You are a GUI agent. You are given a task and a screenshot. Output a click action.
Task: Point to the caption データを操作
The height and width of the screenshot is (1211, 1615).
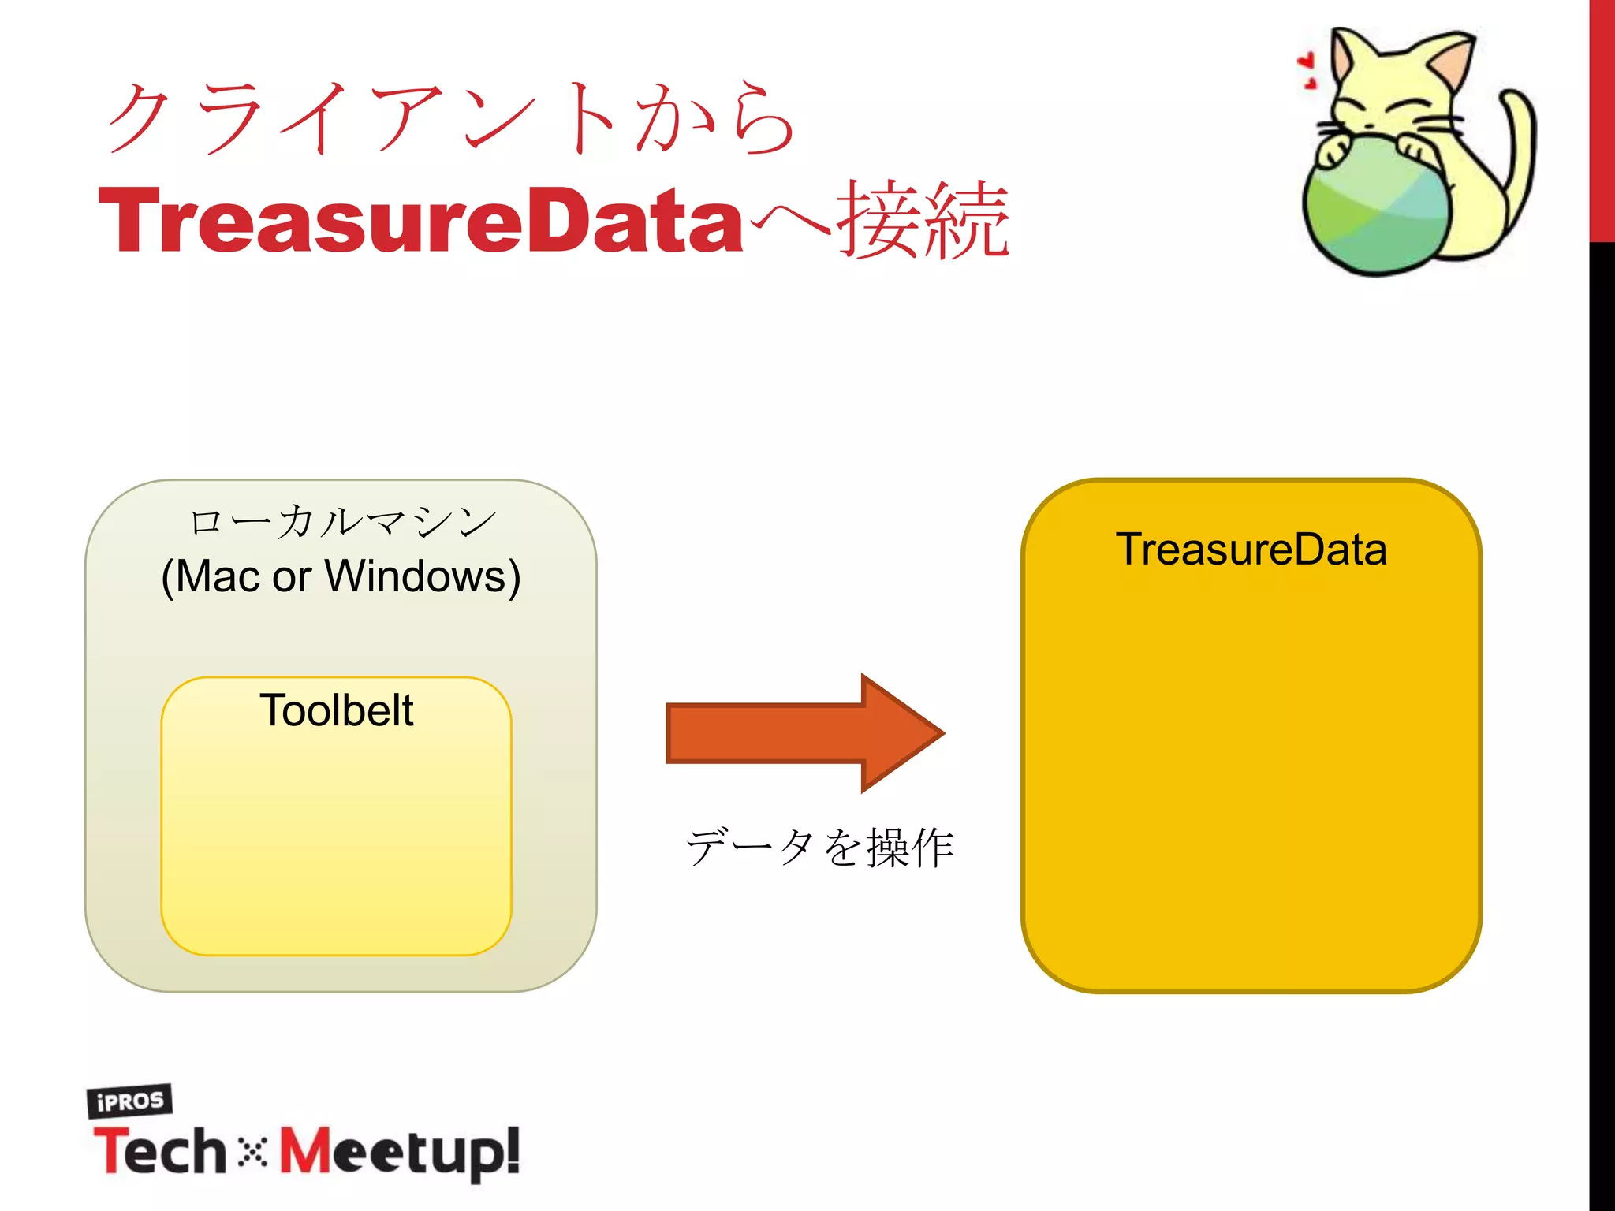coord(820,848)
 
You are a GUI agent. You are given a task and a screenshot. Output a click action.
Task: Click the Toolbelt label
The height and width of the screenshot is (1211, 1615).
coord(336,710)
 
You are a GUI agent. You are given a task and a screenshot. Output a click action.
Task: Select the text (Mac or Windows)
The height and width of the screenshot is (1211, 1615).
coord(341,576)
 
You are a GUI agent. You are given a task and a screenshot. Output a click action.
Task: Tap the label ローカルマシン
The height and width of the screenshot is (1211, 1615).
coord(341,522)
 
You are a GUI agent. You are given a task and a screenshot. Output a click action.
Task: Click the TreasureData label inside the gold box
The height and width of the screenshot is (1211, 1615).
coord(1251,550)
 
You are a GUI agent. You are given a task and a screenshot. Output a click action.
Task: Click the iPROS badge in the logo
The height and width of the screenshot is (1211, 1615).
coord(129,1101)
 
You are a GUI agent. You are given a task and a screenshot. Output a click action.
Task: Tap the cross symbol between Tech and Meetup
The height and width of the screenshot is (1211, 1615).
coord(252,1152)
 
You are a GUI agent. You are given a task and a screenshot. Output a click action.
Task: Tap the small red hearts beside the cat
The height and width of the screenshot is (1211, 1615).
coord(1307,69)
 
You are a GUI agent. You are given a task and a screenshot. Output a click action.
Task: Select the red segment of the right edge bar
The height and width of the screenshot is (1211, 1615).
coord(1602,118)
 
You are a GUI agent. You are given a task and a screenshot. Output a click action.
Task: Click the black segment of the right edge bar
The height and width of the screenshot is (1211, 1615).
coord(1602,710)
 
